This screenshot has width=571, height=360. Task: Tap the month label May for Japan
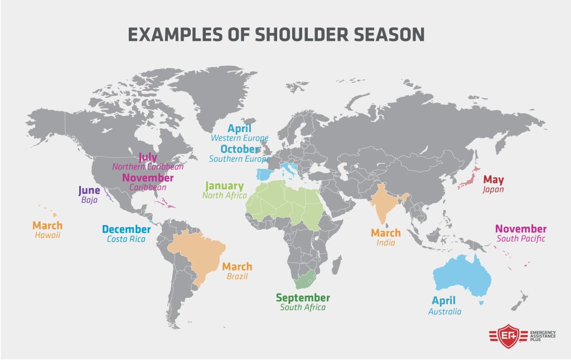click(493, 179)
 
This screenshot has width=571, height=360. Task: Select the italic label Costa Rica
click(126, 239)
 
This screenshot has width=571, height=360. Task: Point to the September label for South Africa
click(303, 298)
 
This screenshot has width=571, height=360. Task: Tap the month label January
click(224, 186)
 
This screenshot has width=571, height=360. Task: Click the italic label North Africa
click(224, 196)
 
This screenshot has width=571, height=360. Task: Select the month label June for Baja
click(89, 191)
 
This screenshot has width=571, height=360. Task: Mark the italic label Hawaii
click(47, 235)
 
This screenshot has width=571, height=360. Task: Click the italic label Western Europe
click(239, 138)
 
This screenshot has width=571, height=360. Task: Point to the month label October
click(239, 149)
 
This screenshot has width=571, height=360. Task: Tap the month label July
click(148, 157)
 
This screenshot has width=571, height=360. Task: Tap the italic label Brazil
click(237, 276)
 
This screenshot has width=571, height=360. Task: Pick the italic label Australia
click(444, 312)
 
